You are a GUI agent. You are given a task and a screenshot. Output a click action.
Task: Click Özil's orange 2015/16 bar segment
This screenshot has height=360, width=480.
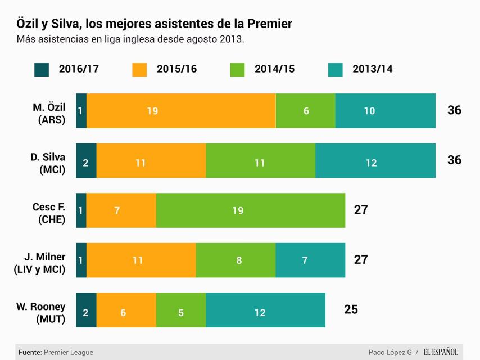(x=181, y=111)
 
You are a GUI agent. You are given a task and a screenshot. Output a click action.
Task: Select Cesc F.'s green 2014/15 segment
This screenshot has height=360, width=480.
(x=251, y=210)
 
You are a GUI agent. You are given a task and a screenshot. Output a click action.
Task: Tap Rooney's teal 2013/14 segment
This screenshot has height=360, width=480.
(x=265, y=310)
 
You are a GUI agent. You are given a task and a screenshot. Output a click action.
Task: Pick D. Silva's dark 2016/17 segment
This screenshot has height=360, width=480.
(x=86, y=160)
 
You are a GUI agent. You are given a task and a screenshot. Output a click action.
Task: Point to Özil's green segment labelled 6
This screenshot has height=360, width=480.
(x=305, y=111)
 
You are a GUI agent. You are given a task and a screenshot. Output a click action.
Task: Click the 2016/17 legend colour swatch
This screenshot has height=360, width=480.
(x=42, y=70)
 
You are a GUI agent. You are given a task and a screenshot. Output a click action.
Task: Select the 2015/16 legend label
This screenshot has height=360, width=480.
(x=176, y=69)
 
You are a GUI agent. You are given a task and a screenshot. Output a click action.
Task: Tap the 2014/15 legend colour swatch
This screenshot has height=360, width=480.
(x=238, y=70)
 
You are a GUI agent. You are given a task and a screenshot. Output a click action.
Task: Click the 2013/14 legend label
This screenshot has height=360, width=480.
(x=372, y=69)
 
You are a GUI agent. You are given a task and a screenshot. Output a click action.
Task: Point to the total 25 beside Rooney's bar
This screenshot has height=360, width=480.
(x=351, y=309)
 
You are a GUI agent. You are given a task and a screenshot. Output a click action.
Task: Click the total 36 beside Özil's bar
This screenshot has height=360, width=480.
(x=454, y=110)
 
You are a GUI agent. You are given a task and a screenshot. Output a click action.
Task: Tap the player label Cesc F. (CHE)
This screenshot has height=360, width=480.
(x=49, y=213)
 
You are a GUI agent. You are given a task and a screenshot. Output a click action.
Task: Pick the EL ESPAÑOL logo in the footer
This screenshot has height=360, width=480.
(x=441, y=352)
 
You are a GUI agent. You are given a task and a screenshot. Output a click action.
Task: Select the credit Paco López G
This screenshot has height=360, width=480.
(x=390, y=352)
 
